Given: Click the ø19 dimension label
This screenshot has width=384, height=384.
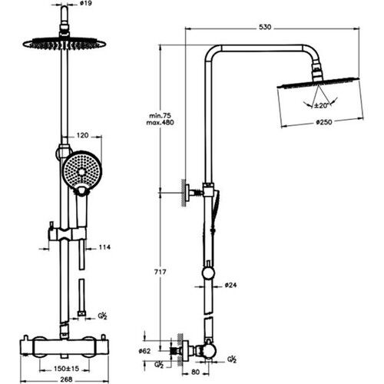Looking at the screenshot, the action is [x=86, y=4].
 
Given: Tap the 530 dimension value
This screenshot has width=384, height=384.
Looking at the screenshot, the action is [x=265, y=27].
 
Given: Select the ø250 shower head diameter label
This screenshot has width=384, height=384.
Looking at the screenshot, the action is [x=324, y=122].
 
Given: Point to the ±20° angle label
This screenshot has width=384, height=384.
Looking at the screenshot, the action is [x=321, y=105].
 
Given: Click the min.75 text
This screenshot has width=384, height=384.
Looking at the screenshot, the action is [x=160, y=115].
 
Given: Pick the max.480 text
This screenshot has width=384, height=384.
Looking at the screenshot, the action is [x=160, y=122].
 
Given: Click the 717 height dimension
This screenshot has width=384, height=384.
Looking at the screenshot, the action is [x=160, y=272].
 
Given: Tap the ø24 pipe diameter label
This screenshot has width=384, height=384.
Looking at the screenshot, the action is [x=230, y=285].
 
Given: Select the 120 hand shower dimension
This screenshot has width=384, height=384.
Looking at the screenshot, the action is [x=82, y=135].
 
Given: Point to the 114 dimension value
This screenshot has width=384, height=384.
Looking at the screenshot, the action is [x=104, y=247].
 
